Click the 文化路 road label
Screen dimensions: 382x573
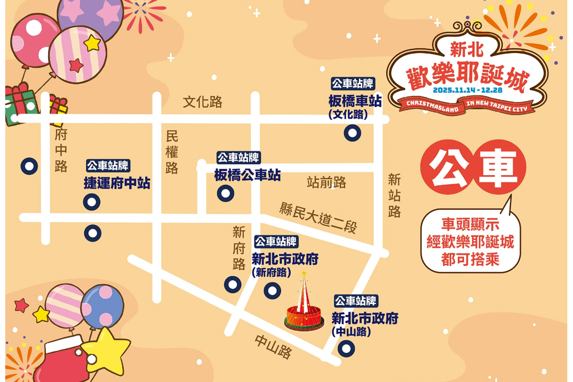point(203,102)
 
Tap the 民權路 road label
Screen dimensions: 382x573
point(172,152)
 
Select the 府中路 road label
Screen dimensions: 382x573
point(61,150)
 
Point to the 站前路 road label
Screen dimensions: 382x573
point(327,182)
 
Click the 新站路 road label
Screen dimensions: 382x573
point(394,196)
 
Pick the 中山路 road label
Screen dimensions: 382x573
point(273,346)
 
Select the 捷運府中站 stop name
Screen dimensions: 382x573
point(117,183)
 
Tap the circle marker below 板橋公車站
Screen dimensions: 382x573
point(225,193)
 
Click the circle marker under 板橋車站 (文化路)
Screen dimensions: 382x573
point(352,133)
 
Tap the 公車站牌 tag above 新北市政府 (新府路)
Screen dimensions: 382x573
point(276,241)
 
